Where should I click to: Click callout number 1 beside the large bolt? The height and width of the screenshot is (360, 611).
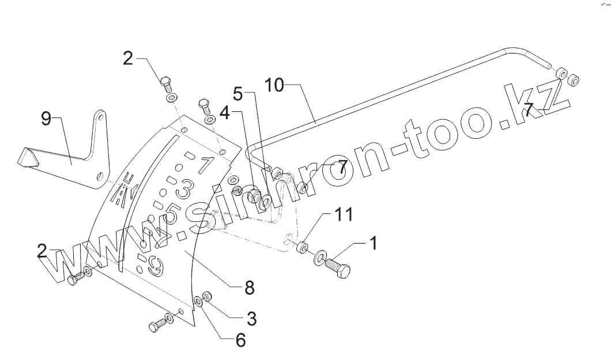pyautogui.click(x=373, y=244)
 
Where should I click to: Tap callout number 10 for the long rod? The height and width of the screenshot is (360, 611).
pyautogui.click(x=274, y=85)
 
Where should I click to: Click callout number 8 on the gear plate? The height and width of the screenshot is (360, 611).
pyautogui.click(x=249, y=287)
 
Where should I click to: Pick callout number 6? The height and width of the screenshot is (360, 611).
pyautogui.click(x=240, y=340)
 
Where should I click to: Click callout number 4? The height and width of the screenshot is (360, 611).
pyautogui.click(x=225, y=113)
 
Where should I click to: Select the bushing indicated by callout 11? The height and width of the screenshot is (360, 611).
pyautogui.click(x=301, y=248)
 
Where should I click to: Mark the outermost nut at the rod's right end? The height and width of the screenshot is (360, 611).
pyautogui.click(x=574, y=81)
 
